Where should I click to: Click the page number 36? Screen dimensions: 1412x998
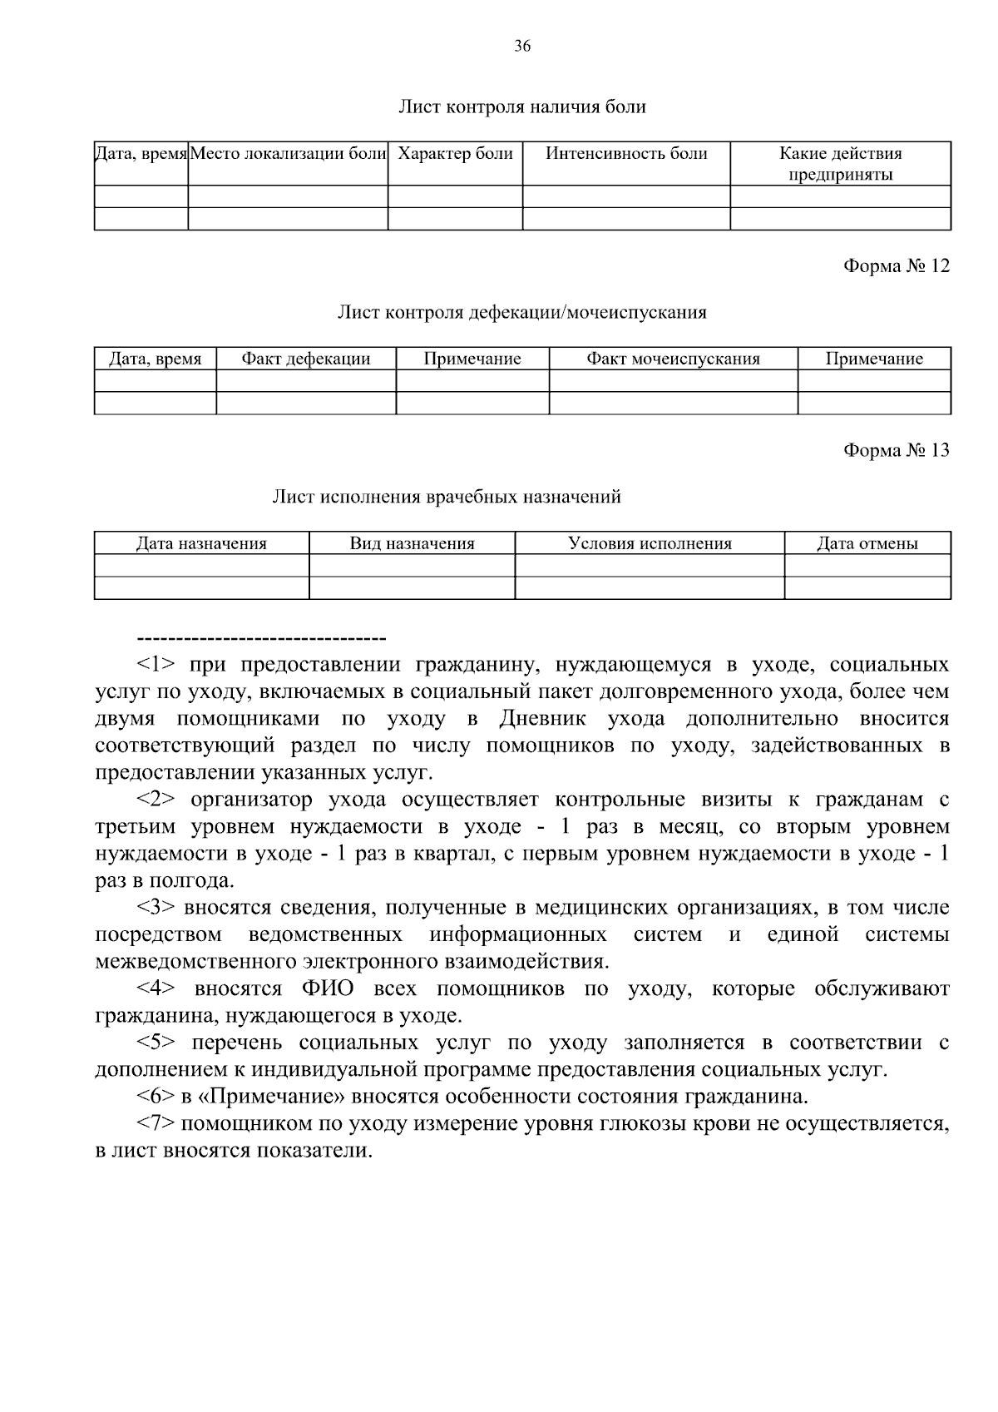tap(521, 47)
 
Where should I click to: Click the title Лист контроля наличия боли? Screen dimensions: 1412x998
tap(521, 107)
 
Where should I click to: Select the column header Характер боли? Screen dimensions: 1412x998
tap(455, 154)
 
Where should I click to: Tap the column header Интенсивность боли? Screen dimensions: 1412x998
tap(626, 154)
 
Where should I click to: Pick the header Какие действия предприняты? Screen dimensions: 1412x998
tap(840, 164)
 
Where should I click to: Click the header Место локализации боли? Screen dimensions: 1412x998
tap(289, 154)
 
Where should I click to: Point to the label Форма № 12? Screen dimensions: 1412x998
tap(896, 265)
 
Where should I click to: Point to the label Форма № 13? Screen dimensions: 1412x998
tap(896, 450)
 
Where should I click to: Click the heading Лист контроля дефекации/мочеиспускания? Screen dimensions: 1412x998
tap(521, 313)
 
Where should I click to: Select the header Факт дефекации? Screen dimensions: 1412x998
tap(305, 359)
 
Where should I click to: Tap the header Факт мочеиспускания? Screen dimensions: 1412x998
tap(673, 359)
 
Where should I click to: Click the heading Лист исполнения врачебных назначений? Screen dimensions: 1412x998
tap(447, 498)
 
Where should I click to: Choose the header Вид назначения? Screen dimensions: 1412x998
tap(412, 544)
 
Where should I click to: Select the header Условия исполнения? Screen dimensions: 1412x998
tap(650, 544)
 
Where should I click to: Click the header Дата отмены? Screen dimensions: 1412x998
tap(867, 544)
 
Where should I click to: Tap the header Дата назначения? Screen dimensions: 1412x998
tap(201, 544)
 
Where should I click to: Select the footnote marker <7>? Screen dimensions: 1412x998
tap(156, 1124)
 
